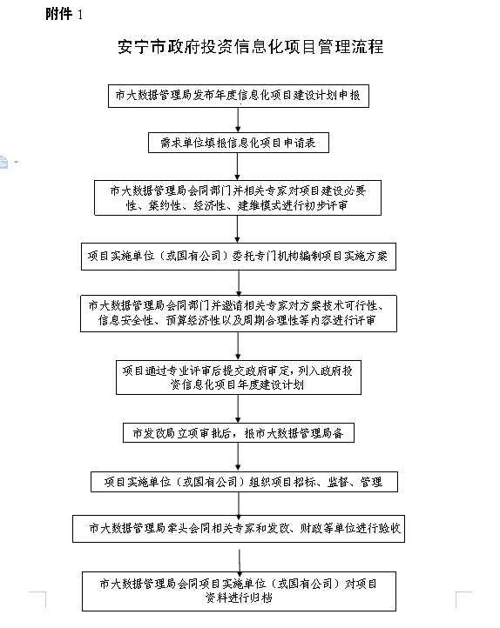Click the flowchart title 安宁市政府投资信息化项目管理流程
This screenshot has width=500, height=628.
coord(251,47)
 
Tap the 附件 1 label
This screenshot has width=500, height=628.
coord(64,15)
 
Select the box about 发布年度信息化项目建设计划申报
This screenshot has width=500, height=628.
coord(239,96)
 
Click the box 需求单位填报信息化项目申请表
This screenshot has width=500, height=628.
coord(239,143)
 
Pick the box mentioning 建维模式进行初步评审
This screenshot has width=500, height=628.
coord(238,197)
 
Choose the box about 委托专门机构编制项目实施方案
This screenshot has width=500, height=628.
coord(239,257)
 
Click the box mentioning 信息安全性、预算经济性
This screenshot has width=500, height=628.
coord(239,314)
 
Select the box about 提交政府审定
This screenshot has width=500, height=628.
coord(239,377)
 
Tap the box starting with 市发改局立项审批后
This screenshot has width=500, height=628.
coord(239,433)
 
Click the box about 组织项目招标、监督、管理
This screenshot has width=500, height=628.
coord(244,482)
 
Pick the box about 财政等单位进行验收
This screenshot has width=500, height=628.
coord(239,529)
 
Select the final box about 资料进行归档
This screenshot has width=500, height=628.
coord(239,591)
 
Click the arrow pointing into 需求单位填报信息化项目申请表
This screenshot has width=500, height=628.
coord(238,120)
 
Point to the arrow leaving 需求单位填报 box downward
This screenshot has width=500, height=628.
coord(238,166)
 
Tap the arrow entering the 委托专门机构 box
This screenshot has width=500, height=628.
coord(238,229)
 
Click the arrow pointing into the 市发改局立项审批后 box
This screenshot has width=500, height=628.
coord(238,409)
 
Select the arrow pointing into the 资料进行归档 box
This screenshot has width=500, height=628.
coord(240,561)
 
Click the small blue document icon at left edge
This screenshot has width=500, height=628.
coord(3,162)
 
